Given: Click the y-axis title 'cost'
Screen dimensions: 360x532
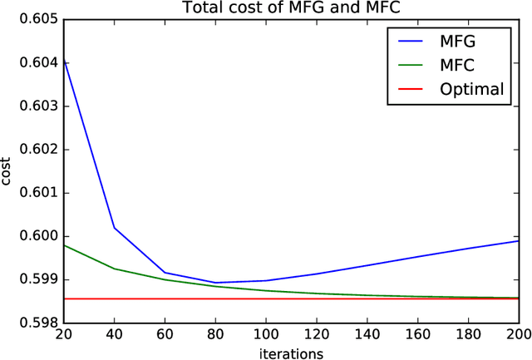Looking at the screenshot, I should [x=8, y=170].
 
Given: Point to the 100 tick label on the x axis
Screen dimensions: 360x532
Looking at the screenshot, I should [x=267, y=334].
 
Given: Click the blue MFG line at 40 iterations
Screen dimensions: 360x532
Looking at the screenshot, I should [x=115, y=228].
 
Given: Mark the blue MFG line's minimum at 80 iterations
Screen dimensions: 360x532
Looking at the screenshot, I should [x=216, y=283].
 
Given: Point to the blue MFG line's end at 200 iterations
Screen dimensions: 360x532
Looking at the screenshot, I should [x=517, y=241].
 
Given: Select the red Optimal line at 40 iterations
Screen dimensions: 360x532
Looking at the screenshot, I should [x=115, y=298].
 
